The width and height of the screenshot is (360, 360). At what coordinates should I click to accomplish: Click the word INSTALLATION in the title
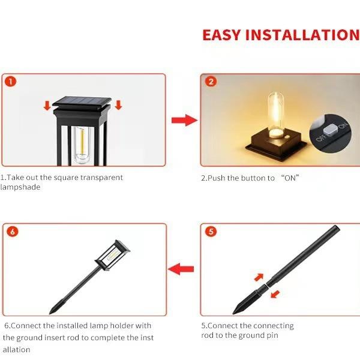(x=308, y=35)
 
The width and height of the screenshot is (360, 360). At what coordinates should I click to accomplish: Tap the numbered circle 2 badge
(x=211, y=82)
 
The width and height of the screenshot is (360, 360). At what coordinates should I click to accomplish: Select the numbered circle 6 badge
(x=13, y=231)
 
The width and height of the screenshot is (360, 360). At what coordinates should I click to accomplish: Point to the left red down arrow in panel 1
(x=46, y=106)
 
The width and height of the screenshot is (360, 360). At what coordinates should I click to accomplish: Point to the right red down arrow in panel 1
(x=118, y=106)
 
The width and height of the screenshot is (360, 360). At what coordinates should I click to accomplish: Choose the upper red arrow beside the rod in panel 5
(x=259, y=277)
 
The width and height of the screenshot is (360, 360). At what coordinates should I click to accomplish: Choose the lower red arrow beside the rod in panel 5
(x=275, y=293)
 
